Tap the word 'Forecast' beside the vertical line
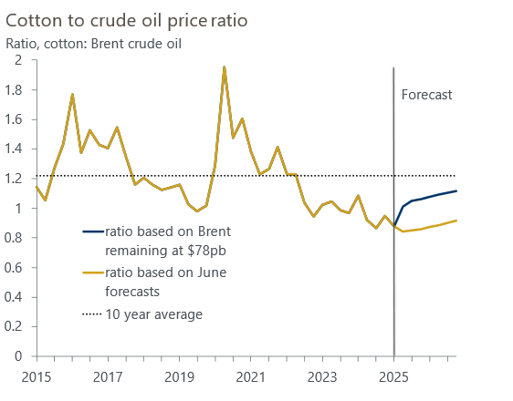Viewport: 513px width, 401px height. [x=426, y=94]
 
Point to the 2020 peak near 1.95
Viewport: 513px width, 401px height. [x=225, y=67]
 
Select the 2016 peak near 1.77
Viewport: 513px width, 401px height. [x=72, y=94]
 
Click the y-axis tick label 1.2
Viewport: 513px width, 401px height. [x=16, y=179]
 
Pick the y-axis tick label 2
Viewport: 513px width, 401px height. [x=19, y=60]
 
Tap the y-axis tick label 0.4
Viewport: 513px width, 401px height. [x=16, y=297]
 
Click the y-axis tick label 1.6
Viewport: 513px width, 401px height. [x=16, y=119]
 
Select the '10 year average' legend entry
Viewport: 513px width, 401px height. [x=153, y=314]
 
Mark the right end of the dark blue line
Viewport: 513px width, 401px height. [x=456, y=190]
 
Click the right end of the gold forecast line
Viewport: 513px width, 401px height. [x=456, y=220]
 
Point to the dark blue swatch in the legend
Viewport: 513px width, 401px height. [x=89, y=231]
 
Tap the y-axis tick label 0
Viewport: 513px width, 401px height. [x=19, y=356]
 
